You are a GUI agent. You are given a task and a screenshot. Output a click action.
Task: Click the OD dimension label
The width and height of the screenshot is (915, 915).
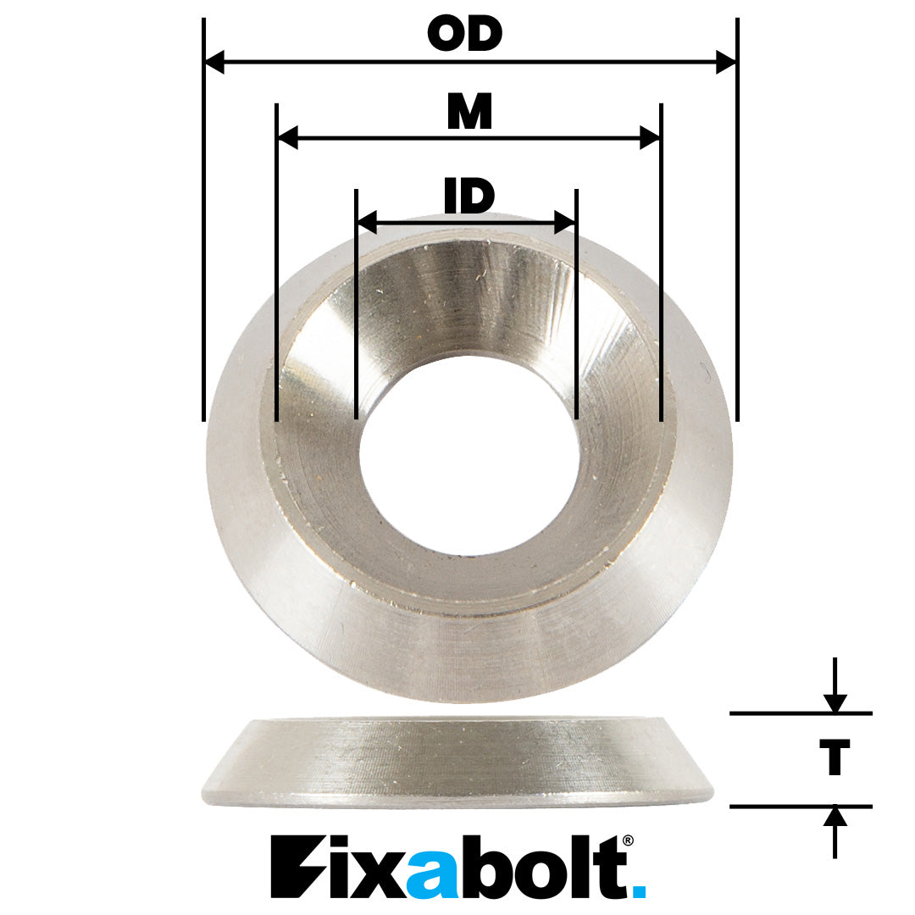coord(465,35)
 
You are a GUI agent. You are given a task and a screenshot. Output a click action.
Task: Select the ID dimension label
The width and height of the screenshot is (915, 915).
coord(469,197)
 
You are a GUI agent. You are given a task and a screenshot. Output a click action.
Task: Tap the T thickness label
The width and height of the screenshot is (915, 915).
coord(834,757)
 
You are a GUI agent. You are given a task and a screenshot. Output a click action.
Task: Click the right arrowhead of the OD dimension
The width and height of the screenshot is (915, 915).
coord(726,62)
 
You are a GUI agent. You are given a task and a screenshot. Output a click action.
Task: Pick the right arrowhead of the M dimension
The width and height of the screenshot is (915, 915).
coord(650,137)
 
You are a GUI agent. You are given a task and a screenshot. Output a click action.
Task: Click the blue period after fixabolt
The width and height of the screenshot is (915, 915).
coord(638,890)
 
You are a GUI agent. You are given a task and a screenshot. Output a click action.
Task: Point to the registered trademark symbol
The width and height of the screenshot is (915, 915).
coord(627,840)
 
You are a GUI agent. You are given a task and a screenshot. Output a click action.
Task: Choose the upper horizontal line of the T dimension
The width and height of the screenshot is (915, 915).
coord(801,714)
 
